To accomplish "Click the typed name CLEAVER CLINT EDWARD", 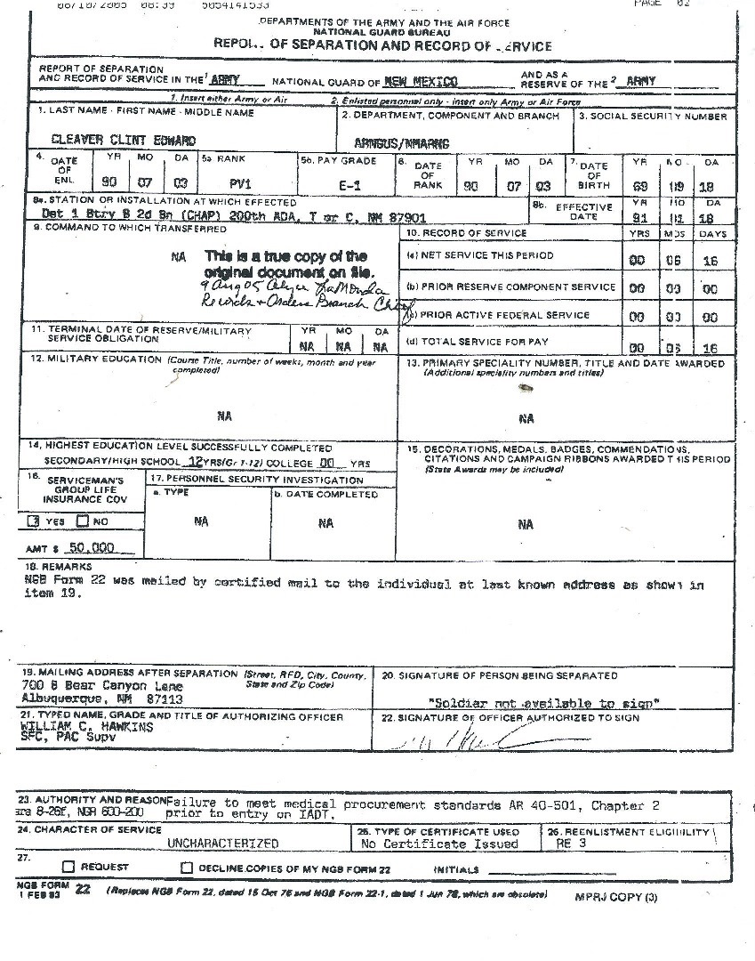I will click(124, 141).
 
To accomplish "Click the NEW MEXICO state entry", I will click(421, 81).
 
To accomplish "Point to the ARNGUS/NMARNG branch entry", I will click(401, 143).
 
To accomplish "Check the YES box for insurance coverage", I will click(33, 521).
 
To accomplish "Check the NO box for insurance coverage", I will click(83, 521).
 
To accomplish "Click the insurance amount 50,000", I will click(92, 548).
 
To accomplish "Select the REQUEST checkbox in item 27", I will click(68, 867).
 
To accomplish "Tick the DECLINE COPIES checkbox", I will click(187, 868).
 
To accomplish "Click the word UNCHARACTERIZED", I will click(222, 844).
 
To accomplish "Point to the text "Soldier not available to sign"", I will click(543, 703).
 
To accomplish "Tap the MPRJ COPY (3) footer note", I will click(615, 897).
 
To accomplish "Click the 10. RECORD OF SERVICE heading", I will click(466, 233).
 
